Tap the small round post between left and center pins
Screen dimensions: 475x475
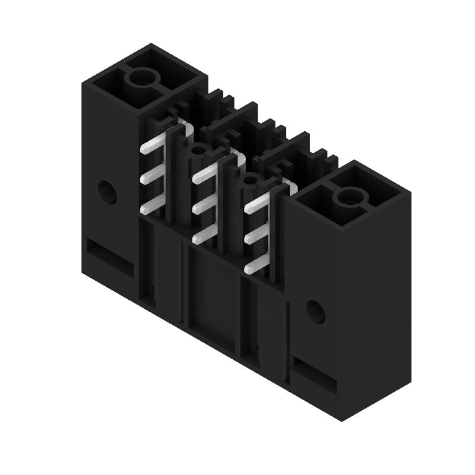197,150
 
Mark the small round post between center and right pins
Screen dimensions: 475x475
248,180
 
